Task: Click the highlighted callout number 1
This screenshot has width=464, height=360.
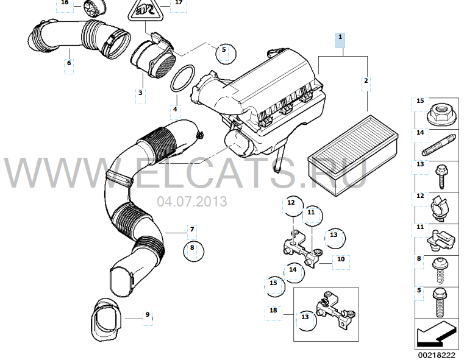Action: (x=340, y=37)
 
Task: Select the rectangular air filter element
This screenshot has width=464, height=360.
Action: (x=353, y=155)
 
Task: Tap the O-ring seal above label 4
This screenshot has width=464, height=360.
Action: (x=182, y=79)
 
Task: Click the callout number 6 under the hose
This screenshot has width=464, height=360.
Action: (x=69, y=63)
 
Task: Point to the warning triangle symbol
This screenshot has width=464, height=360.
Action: (x=146, y=10)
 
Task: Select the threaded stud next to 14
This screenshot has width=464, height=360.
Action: (x=439, y=146)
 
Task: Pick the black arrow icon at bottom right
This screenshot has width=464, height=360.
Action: (x=436, y=334)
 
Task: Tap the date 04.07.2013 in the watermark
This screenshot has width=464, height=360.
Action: (x=192, y=202)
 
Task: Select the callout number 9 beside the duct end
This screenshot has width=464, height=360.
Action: (x=148, y=315)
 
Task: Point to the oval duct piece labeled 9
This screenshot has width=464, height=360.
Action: (x=105, y=320)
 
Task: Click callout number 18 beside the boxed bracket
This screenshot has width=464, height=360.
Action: (x=273, y=310)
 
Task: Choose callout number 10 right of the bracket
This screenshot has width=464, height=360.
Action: (x=341, y=259)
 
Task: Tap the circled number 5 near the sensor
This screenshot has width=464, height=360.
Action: (x=224, y=49)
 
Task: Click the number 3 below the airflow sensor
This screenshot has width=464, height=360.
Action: (x=140, y=93)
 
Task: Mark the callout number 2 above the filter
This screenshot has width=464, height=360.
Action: (x=366, y=80)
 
